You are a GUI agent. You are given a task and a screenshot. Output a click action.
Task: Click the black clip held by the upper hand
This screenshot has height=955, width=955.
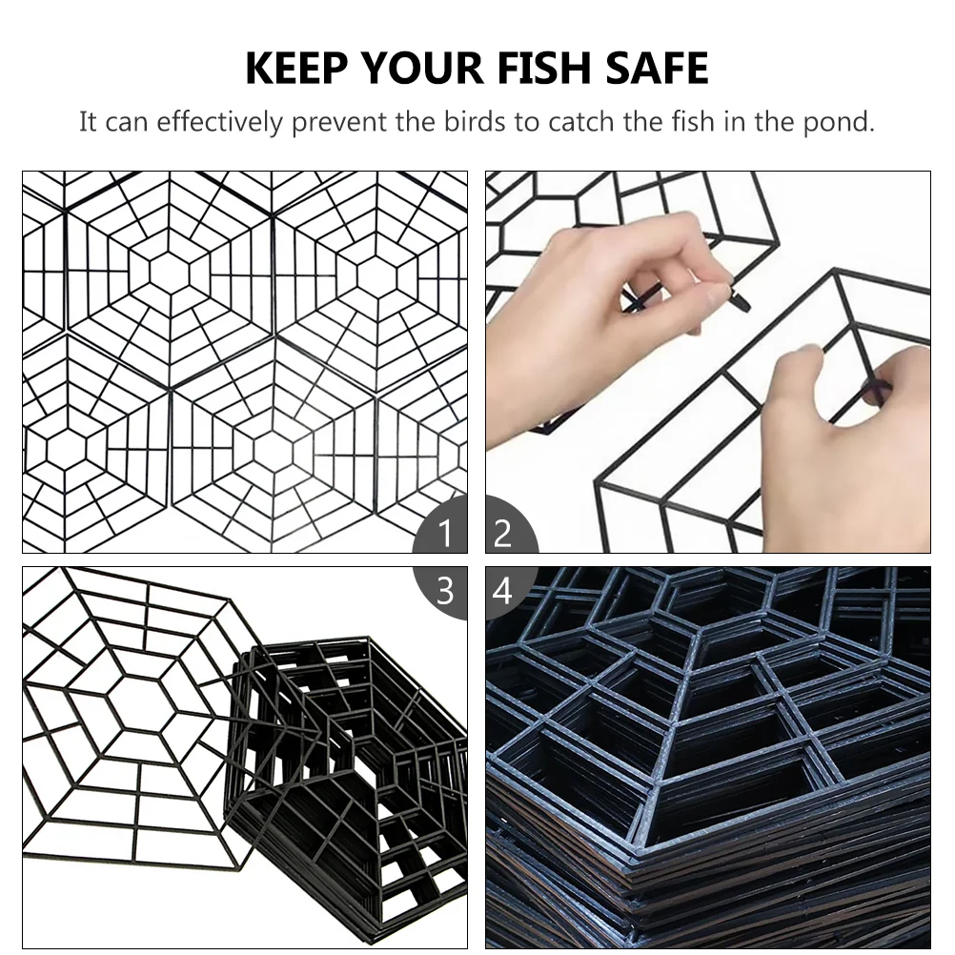[741, 299]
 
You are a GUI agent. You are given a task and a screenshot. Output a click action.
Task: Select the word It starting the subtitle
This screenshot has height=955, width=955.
[88, 122]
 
